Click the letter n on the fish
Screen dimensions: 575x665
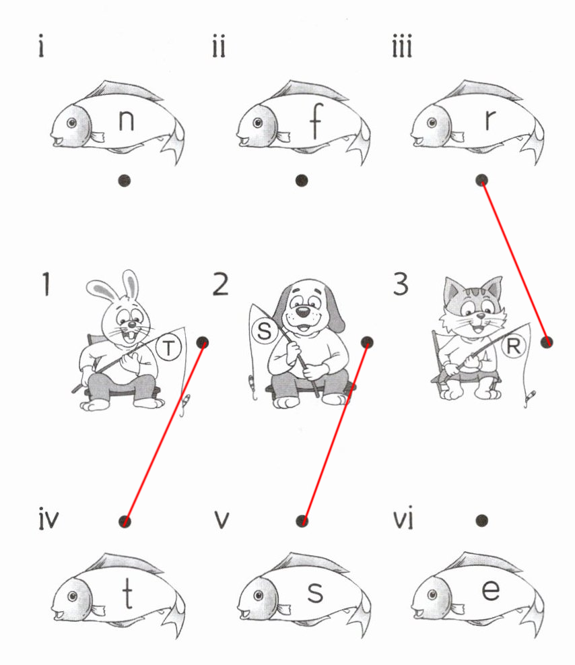click(127, 120)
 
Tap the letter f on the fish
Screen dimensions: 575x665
click(316, 121)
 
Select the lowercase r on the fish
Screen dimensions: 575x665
click(490, 120)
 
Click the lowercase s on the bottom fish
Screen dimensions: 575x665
click(315, 592)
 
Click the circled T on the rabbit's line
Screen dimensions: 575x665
click(169, 348)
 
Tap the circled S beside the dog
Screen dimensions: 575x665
click(265, 331)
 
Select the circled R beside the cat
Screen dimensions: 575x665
click(513, 346)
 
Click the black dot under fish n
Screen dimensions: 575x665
click(124, 181)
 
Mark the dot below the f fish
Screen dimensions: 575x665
click(301, 181)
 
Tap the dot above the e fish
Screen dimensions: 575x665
click(481, 520)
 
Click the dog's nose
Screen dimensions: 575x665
click(302, 312)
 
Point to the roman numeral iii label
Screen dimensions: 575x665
click(402, 47)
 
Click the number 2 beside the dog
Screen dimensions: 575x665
click(220, 284)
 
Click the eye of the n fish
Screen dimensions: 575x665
click(72, 123)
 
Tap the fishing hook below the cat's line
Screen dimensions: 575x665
click(529, 399)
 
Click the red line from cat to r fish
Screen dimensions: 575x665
click(514, 261)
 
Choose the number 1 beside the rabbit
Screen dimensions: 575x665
click(45, 284)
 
